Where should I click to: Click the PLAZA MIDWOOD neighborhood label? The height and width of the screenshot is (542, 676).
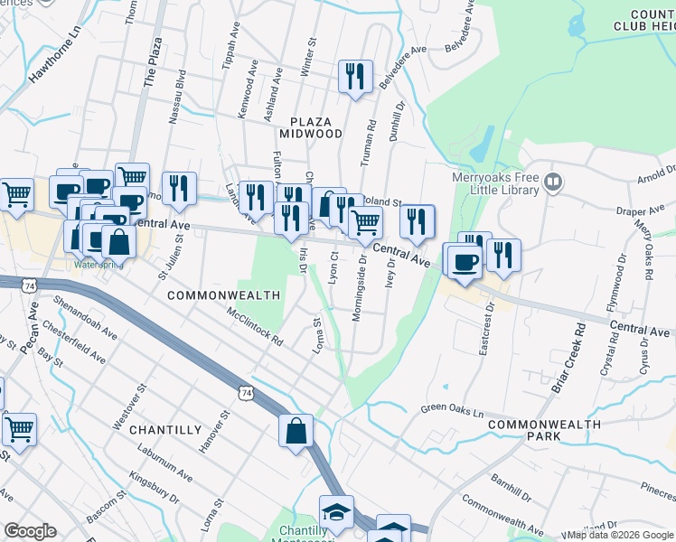[x=316, y=127]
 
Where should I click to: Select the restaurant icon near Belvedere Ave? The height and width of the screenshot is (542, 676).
[x=355, y=76]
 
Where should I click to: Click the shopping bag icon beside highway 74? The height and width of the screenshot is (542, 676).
[x=296, y=431]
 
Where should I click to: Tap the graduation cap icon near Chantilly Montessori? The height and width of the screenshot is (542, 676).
[x=336, y=511]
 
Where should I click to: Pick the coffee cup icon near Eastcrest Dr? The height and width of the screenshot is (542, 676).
[x=465, y=262]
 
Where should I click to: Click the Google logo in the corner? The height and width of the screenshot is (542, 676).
[x=30, y=530]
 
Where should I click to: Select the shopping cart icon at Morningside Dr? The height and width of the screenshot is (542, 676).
[x=364, y=221]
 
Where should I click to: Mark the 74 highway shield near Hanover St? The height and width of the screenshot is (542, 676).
[x=245, y=392]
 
